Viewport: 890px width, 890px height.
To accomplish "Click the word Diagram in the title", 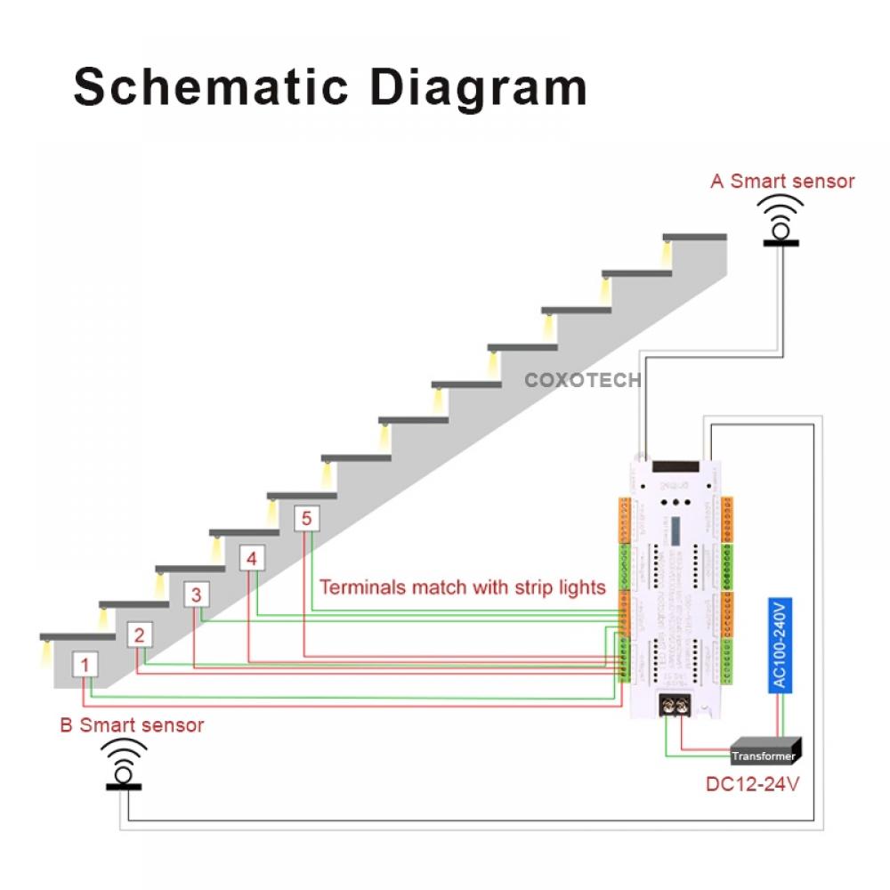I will [x=478, y=87].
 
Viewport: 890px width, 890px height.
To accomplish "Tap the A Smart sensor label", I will [x=782, y=182].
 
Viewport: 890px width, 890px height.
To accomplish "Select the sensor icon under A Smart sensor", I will [x=781, y=223].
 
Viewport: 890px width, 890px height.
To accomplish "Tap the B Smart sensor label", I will [x=132, y=725].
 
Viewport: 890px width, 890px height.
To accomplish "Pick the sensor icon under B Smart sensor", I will [x=124, y=767].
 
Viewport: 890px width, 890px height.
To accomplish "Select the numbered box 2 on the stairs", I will [x=139, y=635].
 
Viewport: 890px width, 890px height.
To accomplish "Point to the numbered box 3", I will [x=197, y=595].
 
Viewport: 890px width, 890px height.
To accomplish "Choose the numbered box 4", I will [x=253, y=559].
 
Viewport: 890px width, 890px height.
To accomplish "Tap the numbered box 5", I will [x=306, y=519].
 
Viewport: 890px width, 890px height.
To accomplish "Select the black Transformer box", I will [x=765, y=753].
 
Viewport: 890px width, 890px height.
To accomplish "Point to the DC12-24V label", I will [x=748, y=785].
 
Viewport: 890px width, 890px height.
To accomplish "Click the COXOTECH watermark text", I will [x=582, y=381].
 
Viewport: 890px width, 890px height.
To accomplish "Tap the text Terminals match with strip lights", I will [x=462, y=587].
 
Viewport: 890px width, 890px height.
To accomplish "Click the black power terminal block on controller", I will [x=676, y=706].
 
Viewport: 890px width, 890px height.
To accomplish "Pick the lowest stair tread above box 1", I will [x=77, y=636].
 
